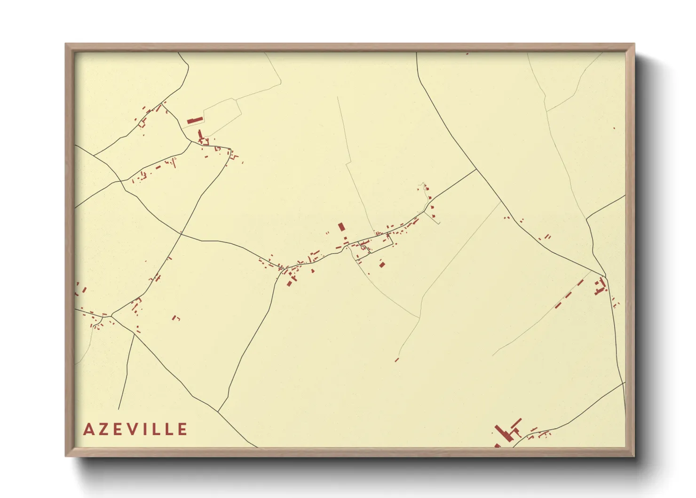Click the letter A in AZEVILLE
point(88,429)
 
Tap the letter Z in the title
point(103,429)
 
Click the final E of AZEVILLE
point(182,429)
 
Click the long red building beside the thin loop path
point(195,120)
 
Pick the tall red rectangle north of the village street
point(341,227)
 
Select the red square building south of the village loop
point(382,265)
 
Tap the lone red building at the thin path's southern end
point(396,360)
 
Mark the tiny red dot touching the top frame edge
point(467,54)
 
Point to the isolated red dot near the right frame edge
point(614,128)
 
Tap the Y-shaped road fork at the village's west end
point(284,269)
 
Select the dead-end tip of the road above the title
point(119,409)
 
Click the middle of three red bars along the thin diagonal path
point(569,295)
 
